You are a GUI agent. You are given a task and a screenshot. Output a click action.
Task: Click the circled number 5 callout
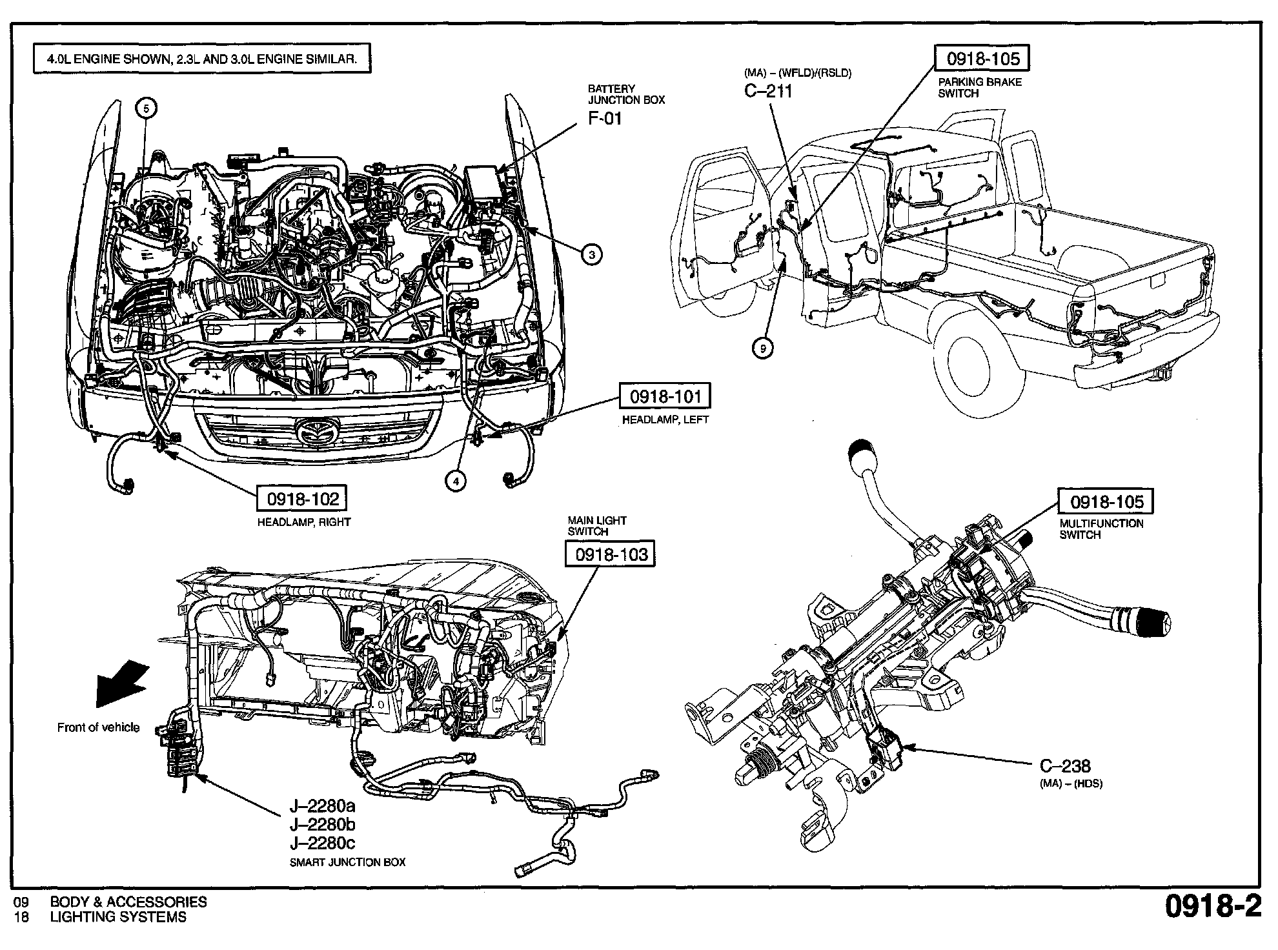click(146, 108)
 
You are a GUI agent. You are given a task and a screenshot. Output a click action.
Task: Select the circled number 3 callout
click(592, 254)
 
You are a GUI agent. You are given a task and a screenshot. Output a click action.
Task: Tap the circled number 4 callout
click(456, 480)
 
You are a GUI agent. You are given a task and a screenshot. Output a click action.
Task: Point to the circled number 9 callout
click(763, 349)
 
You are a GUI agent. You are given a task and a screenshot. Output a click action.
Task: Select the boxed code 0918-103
click(610, 554)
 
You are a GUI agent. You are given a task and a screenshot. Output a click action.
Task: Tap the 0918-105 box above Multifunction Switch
click(1106, 502)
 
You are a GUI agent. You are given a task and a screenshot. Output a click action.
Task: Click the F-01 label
click(605, 119)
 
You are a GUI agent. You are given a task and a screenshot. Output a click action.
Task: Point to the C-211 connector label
click(768, 91)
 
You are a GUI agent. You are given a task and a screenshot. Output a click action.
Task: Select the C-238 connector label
click(1065, 766)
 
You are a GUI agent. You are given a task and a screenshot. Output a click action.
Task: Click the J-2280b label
click(323, 825)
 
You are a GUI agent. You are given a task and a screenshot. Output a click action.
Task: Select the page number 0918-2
click(1212, 906)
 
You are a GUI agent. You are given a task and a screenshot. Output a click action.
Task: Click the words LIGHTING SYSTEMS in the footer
click(118, 917)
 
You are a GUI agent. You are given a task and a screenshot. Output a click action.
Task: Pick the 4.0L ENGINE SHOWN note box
click(201, 59)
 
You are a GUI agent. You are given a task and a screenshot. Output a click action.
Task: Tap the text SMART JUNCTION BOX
click(348, 862)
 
